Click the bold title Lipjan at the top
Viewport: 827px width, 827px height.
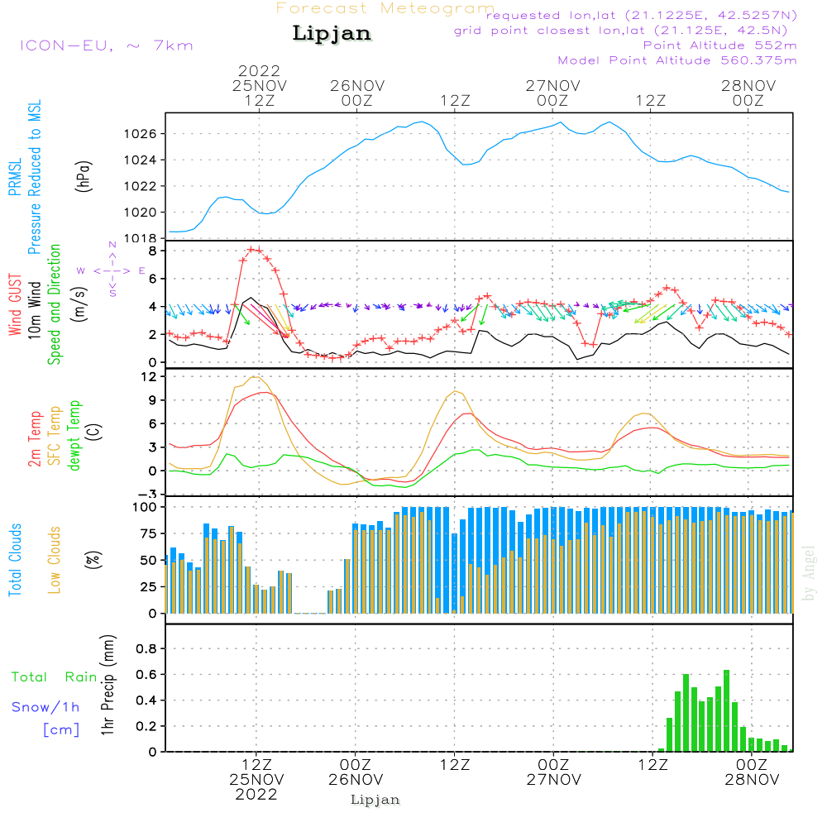tap(332, 33)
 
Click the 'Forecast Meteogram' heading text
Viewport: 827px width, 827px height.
tap(385, 8)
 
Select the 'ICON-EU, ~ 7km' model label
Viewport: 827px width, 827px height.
tap(107, 45)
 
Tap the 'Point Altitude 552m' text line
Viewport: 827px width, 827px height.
tap(719, 45)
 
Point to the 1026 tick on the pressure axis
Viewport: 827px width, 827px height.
tap(141, 134)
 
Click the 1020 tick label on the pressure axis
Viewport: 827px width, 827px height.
tap(141, 213)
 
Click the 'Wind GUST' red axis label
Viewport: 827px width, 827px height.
tap(15, 305)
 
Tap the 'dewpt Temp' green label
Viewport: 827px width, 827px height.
tap(74, 435)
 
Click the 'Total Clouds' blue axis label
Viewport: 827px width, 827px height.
tap(15, 560)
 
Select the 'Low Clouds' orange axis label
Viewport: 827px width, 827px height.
tap(55, 560)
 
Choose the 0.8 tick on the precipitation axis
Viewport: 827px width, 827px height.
tap(146, 648)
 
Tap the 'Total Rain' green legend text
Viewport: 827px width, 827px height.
tap(55, 677)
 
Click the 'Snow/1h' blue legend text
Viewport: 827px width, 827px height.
tap(45, 707)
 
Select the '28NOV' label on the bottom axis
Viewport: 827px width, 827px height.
tap(752, 780)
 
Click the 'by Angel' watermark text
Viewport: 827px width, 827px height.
tap(809, 573)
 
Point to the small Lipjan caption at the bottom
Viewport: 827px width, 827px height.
tap(375, 801)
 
